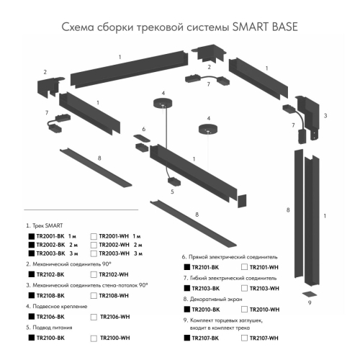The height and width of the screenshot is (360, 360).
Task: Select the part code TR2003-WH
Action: pos(114,254)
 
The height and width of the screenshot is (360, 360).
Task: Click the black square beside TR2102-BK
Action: pos(30,275)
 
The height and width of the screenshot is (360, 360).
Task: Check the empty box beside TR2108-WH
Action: pos(94,296)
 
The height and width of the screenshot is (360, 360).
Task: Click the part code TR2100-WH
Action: pos(114,338)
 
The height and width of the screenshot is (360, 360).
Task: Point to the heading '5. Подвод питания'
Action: pos(53,327)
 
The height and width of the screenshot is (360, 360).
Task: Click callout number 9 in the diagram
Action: pos(310,302)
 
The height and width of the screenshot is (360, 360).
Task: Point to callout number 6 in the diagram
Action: pos(143,130)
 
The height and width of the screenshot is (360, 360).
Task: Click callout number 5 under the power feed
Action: pos(172,192)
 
